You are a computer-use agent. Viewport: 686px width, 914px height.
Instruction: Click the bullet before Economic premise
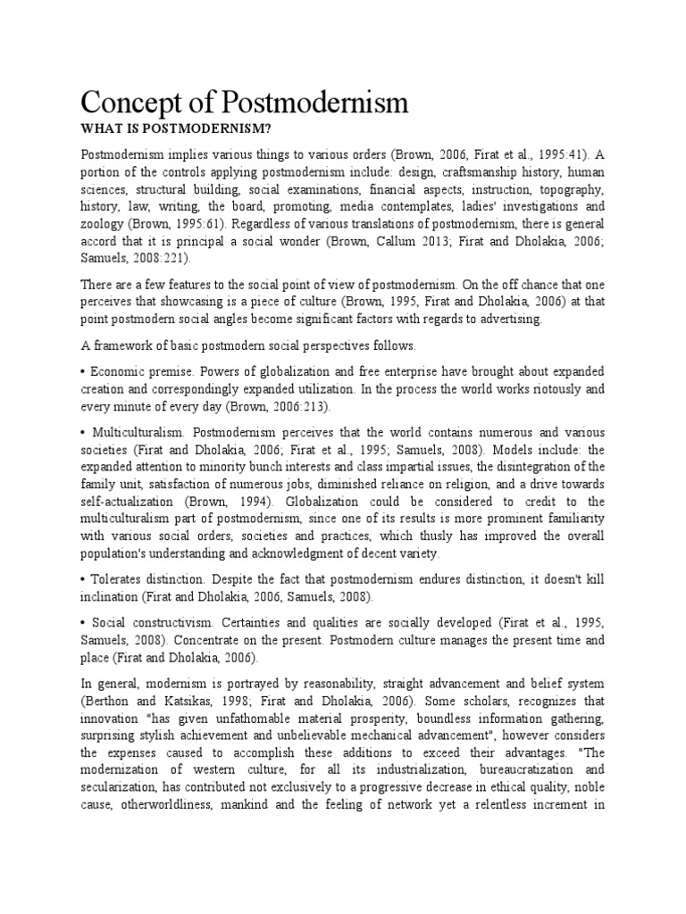pos(83,370)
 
